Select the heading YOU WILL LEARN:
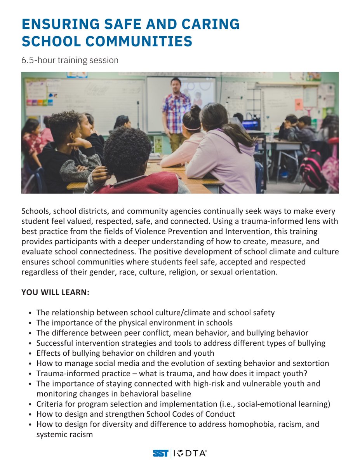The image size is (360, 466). click(55, 292)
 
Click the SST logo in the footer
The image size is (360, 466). click(161, 453)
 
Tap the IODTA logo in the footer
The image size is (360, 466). click(190, 453)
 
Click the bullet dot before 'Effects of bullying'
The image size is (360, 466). click(31, 354)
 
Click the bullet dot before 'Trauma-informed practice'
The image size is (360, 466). click(31, 374)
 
